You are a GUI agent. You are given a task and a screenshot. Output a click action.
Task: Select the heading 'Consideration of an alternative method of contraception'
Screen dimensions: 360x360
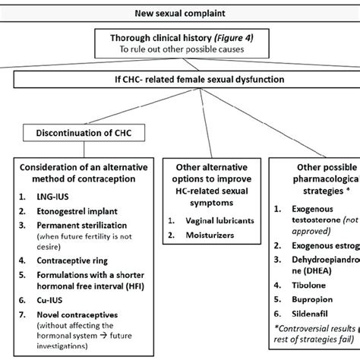(x=86, y=173)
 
